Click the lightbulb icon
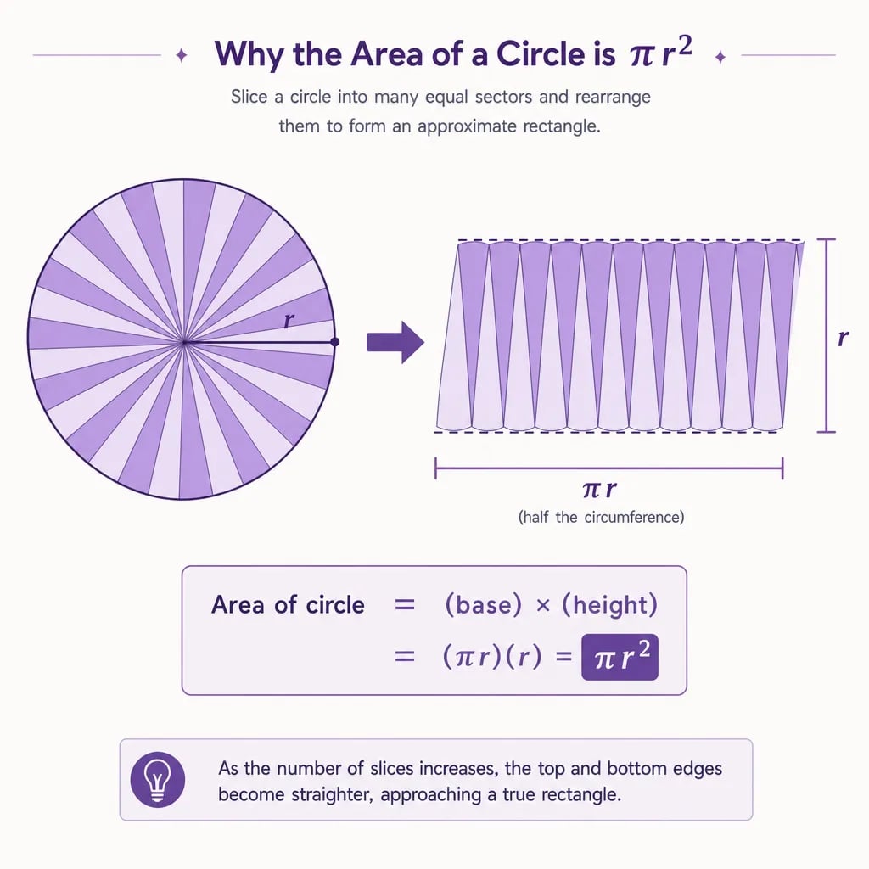point(157,779)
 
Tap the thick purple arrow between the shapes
point(395,342)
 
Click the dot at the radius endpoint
point(334,342)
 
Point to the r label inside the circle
point(289,320)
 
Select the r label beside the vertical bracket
point(843,337)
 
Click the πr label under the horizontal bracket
point(600,489)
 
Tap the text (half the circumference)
point(601,517)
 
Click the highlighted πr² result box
point(620,657)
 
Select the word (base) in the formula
point(483,604)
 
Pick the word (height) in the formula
point(609,604)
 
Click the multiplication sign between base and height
point(543,606)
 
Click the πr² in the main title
point(661,53)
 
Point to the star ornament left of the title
point(182,55)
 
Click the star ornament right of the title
point(720,57)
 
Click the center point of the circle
point(184,343)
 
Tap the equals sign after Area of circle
point(405,604)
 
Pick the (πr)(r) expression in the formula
point(492,657)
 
